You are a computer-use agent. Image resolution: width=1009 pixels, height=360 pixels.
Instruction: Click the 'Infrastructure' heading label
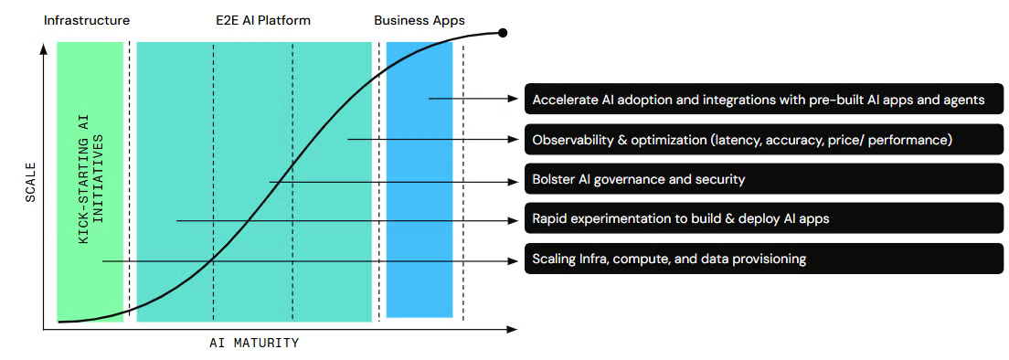[x=87, y=21]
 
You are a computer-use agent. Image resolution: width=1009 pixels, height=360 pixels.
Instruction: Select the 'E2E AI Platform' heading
[x=263, y=21]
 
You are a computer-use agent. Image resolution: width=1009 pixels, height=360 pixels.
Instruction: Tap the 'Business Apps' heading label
[x=420, y=21]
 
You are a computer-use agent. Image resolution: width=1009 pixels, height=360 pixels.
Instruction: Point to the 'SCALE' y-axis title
[x=30, y=184]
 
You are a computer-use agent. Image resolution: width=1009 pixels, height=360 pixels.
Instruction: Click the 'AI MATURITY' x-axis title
[x=254, y=343]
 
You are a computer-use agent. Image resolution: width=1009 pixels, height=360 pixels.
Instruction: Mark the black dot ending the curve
[x=503, y=33]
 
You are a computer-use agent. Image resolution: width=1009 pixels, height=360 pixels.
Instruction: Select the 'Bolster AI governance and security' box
[x=764, y=179]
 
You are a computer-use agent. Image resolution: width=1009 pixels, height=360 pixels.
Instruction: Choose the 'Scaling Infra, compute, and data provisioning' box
[x=764, y=259]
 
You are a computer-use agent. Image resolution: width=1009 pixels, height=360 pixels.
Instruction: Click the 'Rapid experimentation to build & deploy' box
[x=764, y=219]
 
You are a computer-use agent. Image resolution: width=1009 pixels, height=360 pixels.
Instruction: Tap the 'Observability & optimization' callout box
[x=764, y=140]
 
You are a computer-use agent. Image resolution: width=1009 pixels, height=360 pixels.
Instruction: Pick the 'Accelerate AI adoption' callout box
[x=764, y=100]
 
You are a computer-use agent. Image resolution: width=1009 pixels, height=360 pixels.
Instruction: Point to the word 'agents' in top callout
[x=963, y=101]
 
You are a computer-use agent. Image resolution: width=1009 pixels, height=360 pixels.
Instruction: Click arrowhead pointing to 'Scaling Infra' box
[x=514, y=261]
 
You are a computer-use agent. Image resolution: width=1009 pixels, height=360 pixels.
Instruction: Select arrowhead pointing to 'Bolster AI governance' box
[x=514, y=182]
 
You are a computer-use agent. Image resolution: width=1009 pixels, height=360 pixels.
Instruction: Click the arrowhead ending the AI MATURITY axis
[x=512, y=330]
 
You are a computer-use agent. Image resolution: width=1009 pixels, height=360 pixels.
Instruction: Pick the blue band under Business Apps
[x=420, y=179]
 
